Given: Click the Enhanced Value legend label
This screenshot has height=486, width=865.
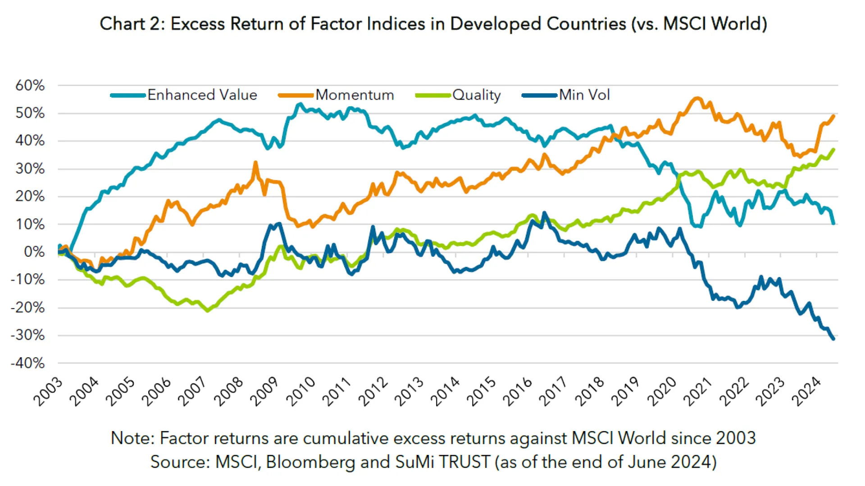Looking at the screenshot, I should (202, 95).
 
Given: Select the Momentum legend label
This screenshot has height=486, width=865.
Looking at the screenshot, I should (355, 95).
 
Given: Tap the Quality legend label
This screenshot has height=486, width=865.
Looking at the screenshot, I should (476, 95).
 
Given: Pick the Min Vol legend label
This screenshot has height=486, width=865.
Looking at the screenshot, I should (584, 95).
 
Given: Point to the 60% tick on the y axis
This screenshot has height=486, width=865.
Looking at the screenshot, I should (30, 85).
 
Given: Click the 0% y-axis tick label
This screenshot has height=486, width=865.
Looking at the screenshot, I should (34, 252).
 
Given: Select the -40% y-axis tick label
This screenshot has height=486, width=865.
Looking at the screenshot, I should (28, 363).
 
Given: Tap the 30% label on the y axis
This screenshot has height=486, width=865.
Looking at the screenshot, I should (30, 169).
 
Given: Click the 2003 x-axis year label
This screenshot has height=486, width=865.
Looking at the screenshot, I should (48, 392).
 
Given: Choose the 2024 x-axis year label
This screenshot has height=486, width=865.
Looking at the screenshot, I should (806, 392).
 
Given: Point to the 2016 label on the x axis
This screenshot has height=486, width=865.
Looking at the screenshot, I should (517, 392).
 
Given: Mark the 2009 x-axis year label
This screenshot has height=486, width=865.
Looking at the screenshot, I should (264, 392).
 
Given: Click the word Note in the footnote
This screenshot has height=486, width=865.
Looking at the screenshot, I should (132, 438).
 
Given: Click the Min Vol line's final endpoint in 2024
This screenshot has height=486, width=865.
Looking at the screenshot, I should (833, 339).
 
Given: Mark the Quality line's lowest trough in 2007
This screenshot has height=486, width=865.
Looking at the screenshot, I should (208, 310).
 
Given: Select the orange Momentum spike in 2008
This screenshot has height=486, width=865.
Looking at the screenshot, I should (256, 163).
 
